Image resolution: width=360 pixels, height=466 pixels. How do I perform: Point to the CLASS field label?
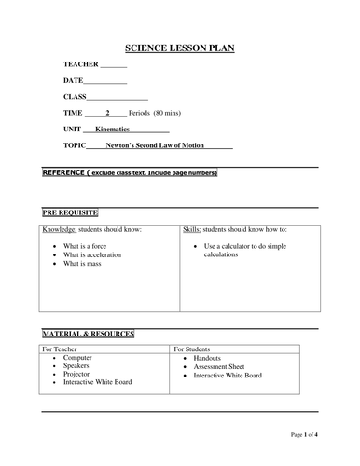pyautogui.click(x=75, y=97)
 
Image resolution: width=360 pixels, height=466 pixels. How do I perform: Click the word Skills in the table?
pyautogui.click(x=192, y=229)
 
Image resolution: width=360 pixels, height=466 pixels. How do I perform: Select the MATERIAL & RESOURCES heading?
pyautogui.click(x=89, y=333)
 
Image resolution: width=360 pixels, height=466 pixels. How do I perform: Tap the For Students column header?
pyautogui.click(x=197, y=349)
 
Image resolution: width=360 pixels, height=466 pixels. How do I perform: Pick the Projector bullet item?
pyautogui.click(x=79, y=374)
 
